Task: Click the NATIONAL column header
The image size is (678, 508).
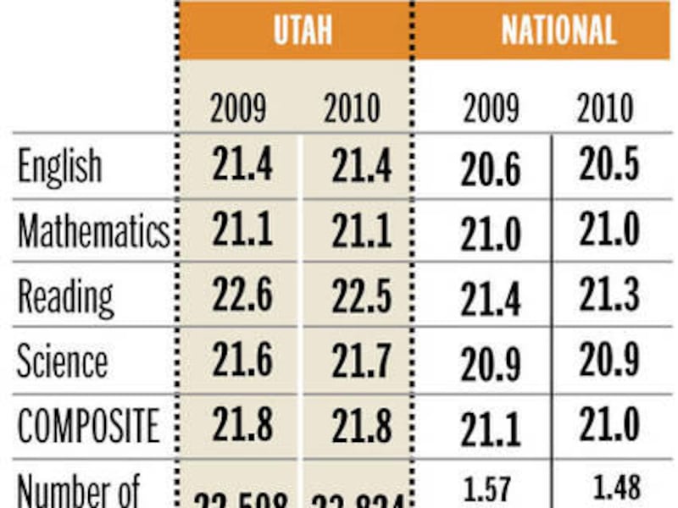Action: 558,30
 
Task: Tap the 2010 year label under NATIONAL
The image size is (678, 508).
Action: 604,109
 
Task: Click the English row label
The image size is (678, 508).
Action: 59,167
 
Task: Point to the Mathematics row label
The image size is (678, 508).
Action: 93,231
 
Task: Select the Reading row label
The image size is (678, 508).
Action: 65,296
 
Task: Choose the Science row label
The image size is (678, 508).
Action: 63,361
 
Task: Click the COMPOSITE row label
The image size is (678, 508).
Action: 88,426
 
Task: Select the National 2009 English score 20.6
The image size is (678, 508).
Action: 491,172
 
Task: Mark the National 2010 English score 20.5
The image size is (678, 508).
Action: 609,167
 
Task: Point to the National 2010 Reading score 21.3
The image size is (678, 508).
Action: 609,295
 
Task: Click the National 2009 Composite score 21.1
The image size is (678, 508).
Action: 491,430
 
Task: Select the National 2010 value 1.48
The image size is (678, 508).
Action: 611,488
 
